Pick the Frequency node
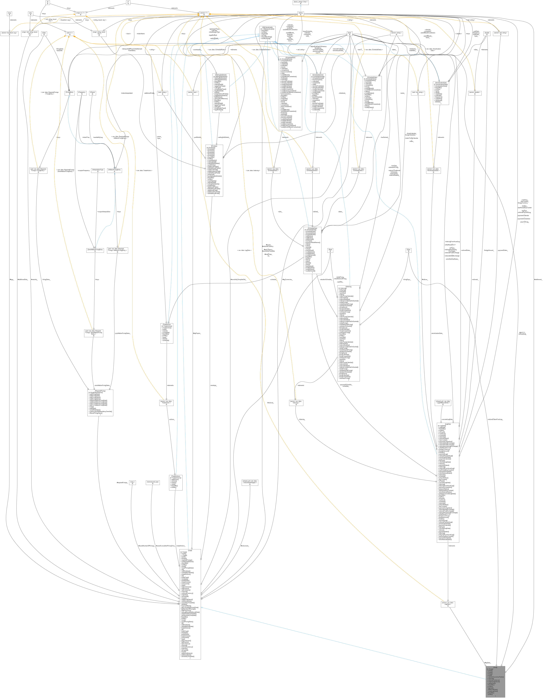[x=81, y=93]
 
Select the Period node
[x=92, y=93]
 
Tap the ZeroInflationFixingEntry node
[x=95, y=250]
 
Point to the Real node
[x=330, y=250]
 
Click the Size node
[x=408, y=250]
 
